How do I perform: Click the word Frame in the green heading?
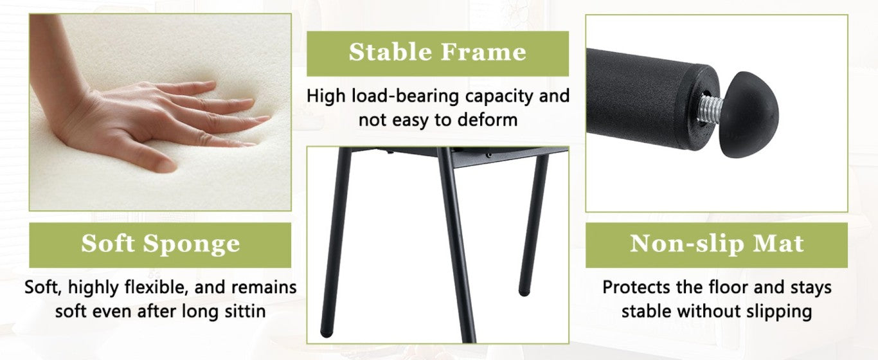(x=483, y=52)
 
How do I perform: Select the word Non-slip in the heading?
(x=687, y=244)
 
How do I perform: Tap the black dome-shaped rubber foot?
(x=749, y=114)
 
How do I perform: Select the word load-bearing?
(x=406, y=96)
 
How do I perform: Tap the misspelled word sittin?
(x=245, y=311)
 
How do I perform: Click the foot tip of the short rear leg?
(x=524, y=292)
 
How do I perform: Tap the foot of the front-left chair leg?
(x=326, y=334)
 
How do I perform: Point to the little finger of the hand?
(x=235, y=144)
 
